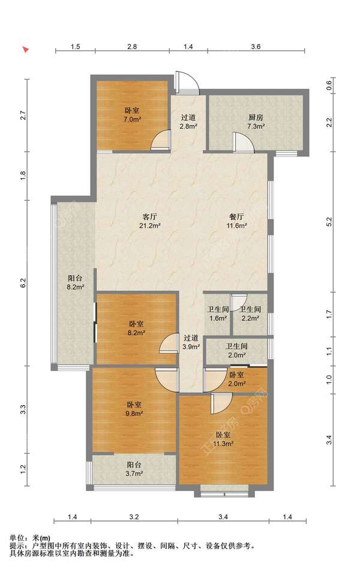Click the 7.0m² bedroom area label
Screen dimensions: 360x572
pyautogui.click(x=132, y=115)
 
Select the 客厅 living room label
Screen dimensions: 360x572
pyautogui.click(x=150, y=221)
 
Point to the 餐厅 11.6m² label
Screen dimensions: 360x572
pyautogui.click(x=236, y=221)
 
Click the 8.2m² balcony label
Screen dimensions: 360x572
pyautogui.click(x=76, y=283)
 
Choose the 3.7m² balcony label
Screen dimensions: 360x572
pyautogui.click(x=134, y=469)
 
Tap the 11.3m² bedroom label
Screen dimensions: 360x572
pyautogui.click(x=223, y=439)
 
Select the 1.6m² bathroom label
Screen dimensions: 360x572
pyautogui.click(x=218, y=314)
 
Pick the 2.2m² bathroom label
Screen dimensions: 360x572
pyautogui.click(x=250, y=314)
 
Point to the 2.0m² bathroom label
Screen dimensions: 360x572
pyautogui.click(x=236, y=350)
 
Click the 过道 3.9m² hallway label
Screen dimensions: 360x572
pyautogui.click(x=191, y=342)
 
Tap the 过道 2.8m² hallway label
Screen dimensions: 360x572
pyautogui.click(x=188, y=122)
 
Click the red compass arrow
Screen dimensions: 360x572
pyautogui.click(x=26, y=49)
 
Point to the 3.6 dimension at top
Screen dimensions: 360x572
pyautogui.click(x=256, y=46)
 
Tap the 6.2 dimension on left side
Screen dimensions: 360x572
pyautogui.click(x=23, y=282)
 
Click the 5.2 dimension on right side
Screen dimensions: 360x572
pyautogui.click(x=329, y=222)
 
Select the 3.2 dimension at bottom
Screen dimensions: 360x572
pyautogui.click(x=134, y=517)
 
